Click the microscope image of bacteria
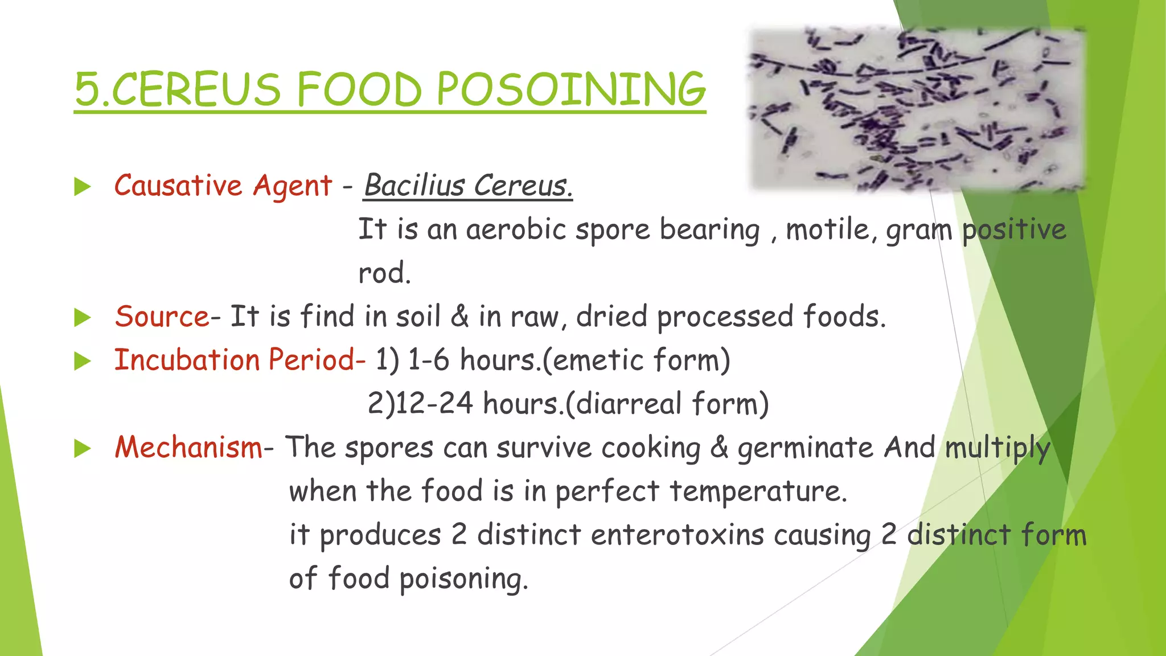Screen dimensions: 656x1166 917,108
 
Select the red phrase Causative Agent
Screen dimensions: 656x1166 223,186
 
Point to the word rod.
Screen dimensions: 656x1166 384,273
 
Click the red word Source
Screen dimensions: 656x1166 162,317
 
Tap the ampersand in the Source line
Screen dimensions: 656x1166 459,317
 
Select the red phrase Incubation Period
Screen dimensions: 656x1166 239,360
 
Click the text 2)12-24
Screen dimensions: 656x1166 420,404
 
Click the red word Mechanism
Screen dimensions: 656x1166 188,447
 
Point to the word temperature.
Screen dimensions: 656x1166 758,491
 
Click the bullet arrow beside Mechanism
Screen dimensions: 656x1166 83,449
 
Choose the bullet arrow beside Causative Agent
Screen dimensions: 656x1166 83,187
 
